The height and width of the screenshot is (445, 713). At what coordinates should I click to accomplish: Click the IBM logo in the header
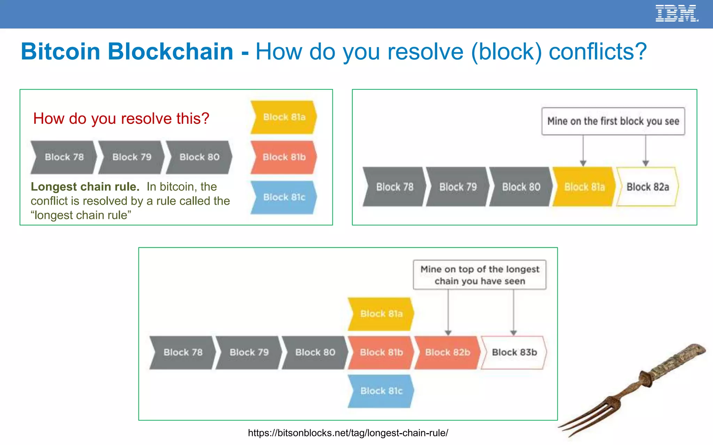tap(676, 14)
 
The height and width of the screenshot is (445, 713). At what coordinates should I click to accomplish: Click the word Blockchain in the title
tap(170, 51)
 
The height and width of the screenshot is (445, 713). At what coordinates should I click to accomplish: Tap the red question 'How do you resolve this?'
tap(121, 119)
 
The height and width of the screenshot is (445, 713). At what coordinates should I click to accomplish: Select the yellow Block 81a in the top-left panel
tap(284, 117)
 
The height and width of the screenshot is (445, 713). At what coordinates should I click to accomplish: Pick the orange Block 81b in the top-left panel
tap(284, 157)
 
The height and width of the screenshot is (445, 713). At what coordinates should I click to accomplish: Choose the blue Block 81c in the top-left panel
tap(284, 197)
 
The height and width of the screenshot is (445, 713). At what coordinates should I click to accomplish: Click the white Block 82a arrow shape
tap(647, 187)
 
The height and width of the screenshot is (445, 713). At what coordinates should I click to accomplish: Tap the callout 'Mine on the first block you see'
tap(613, 121)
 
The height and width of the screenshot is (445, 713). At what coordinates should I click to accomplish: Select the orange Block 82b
tap(447, 352)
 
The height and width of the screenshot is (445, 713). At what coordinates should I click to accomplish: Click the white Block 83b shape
tap(514, 352)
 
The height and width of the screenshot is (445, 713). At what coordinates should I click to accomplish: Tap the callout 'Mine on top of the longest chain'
tap(479, 275)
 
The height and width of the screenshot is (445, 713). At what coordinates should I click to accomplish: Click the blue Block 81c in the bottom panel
tap(381, 391)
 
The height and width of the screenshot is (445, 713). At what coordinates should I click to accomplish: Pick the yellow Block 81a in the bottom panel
tap(381, 314)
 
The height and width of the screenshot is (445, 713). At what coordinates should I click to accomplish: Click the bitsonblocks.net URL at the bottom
tap(348, 433)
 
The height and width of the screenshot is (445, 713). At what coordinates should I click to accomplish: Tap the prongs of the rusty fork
tap(588, 417)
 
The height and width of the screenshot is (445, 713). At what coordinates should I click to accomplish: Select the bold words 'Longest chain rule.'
tap(85, 187)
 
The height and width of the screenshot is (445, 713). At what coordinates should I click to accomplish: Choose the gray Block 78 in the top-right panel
tap(394, 187)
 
